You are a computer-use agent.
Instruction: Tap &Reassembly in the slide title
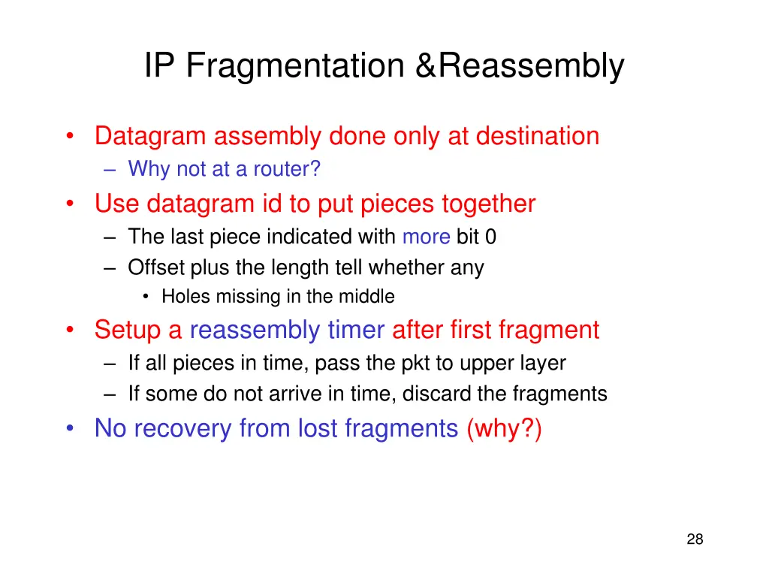[520, 66]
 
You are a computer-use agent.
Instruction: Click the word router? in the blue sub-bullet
[287, 170]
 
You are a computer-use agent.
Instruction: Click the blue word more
[426, 237]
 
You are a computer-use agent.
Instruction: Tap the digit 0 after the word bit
[490, 237]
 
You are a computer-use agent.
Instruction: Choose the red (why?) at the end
[503, 428]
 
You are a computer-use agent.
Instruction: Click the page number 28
[695, 539]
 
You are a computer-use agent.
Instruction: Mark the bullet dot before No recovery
[70, 428]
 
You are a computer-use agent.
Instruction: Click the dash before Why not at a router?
[112, 170]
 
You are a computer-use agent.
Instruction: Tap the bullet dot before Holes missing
[146, 297]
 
